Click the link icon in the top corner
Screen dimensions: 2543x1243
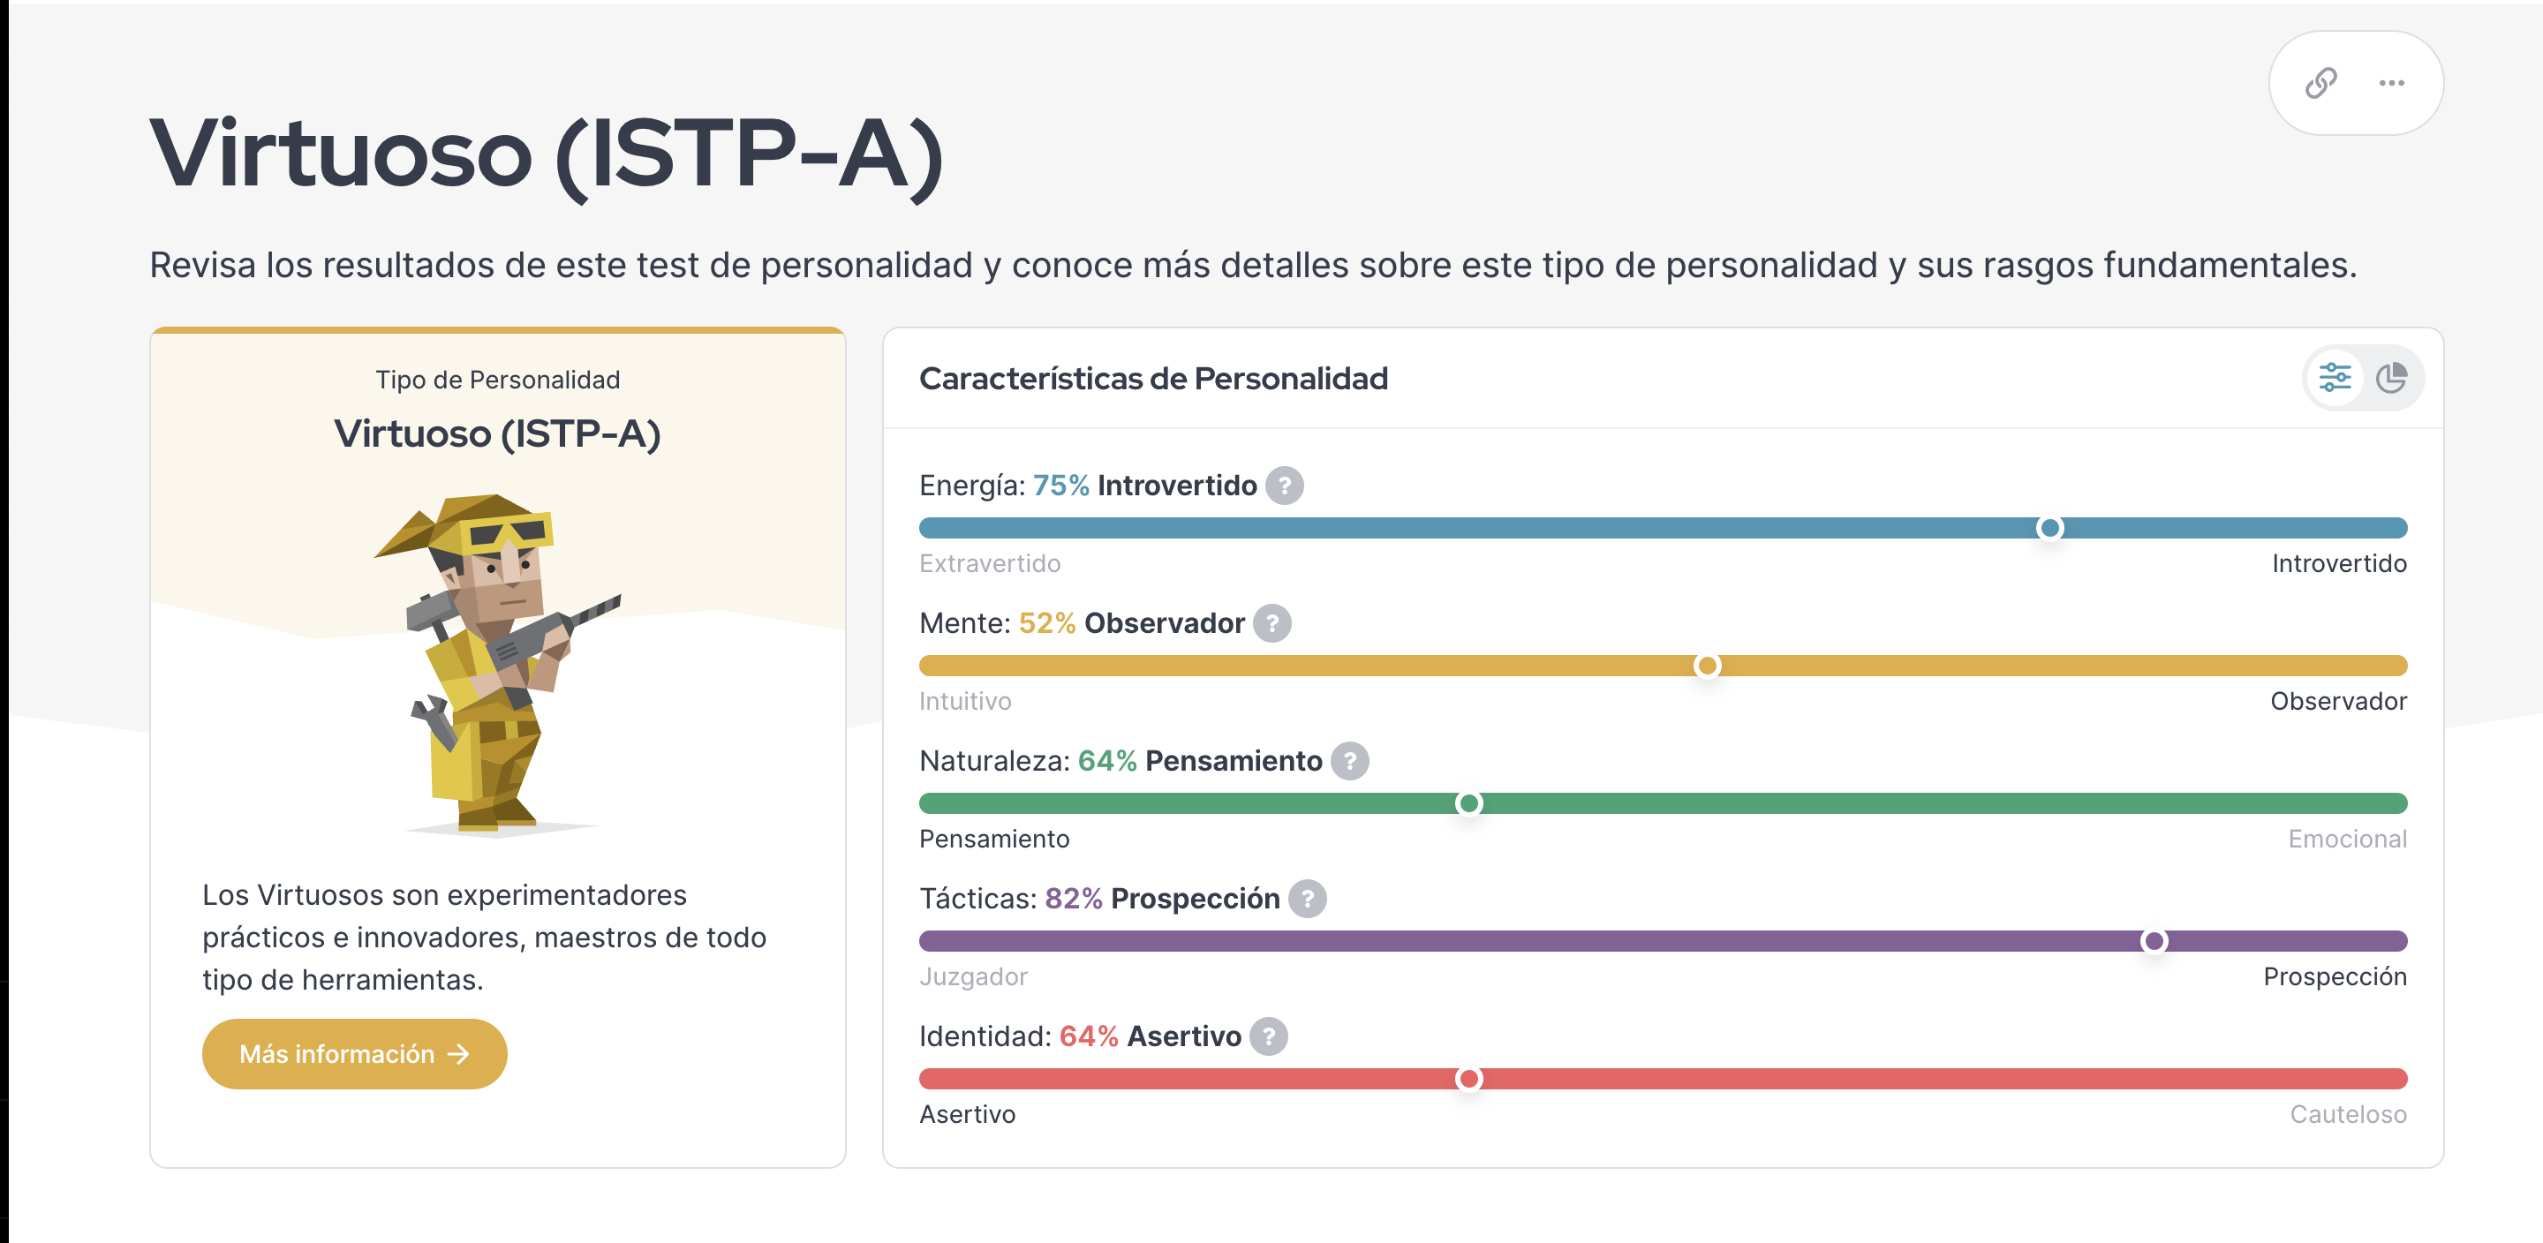(2320, 83)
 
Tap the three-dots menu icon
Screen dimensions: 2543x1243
(2392, 83)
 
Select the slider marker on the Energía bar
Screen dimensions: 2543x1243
(2049, 528)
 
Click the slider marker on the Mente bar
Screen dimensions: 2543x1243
(1707, 666)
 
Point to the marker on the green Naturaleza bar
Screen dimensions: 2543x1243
(1469, 803)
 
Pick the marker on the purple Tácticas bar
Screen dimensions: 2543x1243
(2154, 941)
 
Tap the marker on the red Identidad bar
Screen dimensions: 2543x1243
(1469, 1079)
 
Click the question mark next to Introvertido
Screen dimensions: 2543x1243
(1285, 486)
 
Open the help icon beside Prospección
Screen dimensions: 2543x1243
(1307, 899)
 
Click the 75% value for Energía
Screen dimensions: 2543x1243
(1061, 486)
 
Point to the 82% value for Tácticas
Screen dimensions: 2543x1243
(1073, 899)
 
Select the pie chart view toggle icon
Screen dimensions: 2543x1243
(2391, 378)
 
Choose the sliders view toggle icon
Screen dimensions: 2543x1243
(2335, 378)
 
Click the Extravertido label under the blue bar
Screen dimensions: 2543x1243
(989, 564)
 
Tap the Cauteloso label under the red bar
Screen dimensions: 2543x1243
(2348, 1115)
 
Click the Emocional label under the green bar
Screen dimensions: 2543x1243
(2347, 840)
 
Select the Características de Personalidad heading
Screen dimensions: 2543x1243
(1153, 378)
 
